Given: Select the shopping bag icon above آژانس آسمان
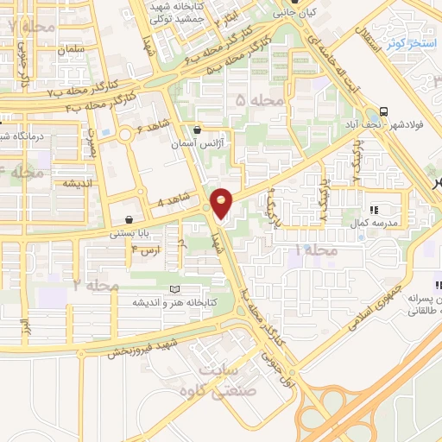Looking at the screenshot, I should click(198, 130).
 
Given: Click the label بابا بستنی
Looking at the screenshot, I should click(129, 233).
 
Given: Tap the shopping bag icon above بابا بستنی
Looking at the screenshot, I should click(129, 219).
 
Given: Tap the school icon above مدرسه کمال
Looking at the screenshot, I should click(375, 210).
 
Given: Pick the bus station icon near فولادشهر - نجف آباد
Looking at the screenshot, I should click(382, 110).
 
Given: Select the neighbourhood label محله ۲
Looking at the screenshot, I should click(96, 284).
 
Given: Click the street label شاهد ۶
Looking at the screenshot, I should click(152, 129).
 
